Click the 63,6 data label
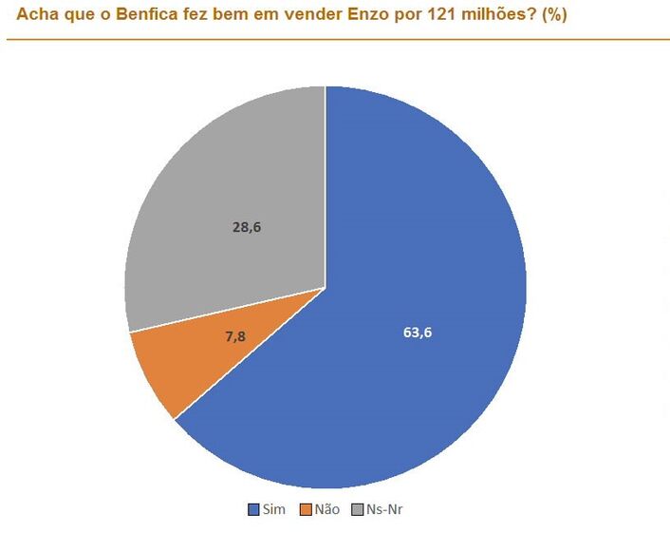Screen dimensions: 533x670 coord(419,332)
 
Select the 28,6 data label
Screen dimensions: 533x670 coord(247,226)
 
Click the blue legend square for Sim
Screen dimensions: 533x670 coord(253,509)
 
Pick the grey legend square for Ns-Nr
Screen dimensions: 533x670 coord(357,509)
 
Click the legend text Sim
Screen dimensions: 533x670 coord(273,509)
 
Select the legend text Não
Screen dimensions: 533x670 coord(326,509)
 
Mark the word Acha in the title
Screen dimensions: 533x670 coord(36,15)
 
